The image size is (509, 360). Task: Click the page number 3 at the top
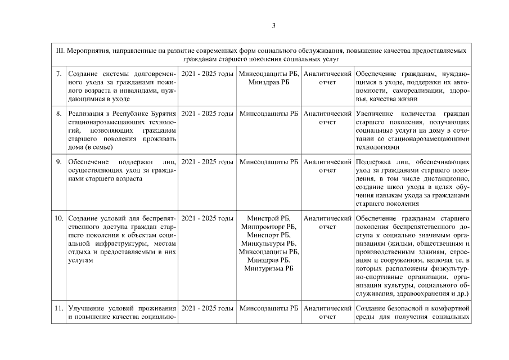(x=273, y=25)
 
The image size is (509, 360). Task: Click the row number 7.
(x=59, y=74)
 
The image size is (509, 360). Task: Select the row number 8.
(x=59, y=114)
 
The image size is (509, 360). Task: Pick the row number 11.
(x=58, y=309)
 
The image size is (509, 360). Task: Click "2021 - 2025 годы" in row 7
(x=208, y=74)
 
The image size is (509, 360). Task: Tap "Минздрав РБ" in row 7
(x=269, y=83)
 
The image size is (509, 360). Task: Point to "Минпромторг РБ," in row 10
(x=269, y=226)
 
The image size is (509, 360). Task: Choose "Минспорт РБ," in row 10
(x=269, y=235)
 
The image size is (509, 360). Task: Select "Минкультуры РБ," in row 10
(x=269, y=243)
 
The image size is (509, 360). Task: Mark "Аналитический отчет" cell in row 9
(x=327, y=166)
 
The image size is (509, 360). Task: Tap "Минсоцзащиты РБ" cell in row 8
(x=269, y=114)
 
